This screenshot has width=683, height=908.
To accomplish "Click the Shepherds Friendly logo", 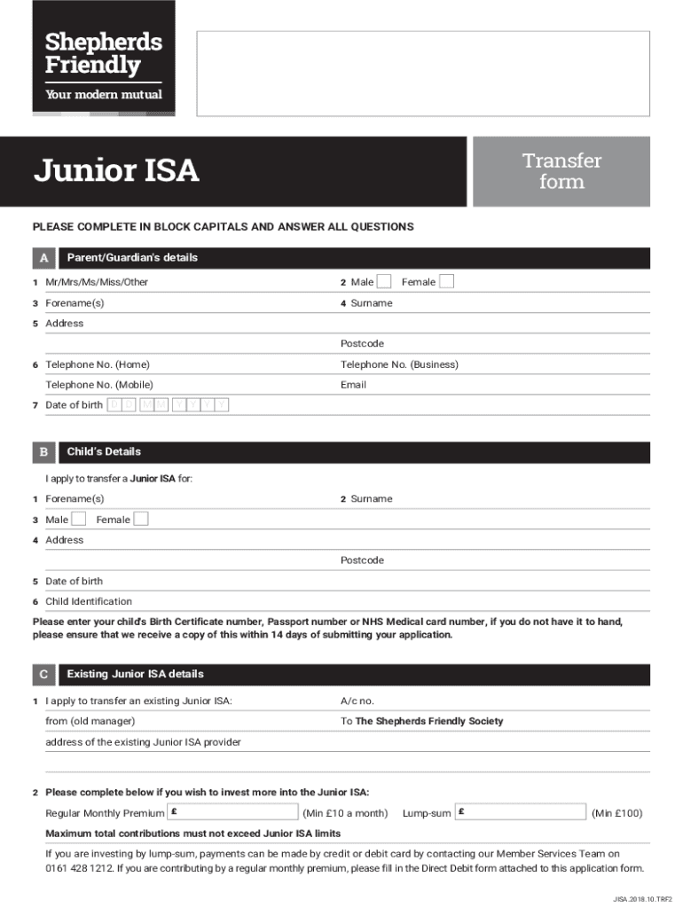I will [x=104, y=58].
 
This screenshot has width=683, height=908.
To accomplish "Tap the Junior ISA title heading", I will [x=116, y=170].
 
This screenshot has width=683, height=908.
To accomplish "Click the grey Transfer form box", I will [x=561, y=171].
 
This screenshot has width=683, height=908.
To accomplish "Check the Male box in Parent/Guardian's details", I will [x=384, y=282].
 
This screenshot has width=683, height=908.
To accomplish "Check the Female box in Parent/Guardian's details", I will [x=447, y=282].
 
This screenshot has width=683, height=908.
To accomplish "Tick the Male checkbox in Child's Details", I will [x=79, y=519].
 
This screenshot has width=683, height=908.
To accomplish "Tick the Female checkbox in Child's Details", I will [x=141, y=519].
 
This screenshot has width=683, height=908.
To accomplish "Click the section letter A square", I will [x=43, y=258].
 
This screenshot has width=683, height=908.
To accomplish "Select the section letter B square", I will [x=43, y=452].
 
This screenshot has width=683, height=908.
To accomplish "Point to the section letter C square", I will [x=43, y=675].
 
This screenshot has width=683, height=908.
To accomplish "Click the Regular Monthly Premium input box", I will [x=233, y=812].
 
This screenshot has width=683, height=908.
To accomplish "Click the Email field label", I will [x=353, y=385].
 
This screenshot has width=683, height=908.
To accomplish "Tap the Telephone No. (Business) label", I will [x=399, y=364].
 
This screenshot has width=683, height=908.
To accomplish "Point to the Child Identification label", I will [x=89, y=601].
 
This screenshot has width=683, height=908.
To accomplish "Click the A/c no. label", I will [x=357, y=701].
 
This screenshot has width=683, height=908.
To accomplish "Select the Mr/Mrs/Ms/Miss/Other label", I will [x=97, y=282].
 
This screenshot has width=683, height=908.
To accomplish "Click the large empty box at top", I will [x=422, y=74].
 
